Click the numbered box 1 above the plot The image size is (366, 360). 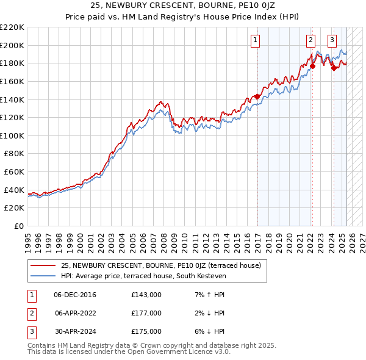(x=254, y=41)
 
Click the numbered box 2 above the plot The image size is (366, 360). (x=311, y=41)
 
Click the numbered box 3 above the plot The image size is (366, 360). (x=332, y=41)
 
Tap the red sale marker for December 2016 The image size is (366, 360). (x=257, y=96)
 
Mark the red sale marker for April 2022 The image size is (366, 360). (x=312, y=65)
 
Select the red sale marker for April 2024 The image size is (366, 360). (x=334, y=68)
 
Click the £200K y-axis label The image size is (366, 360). (x=12, y=45)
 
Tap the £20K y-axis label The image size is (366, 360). (x=14, y=208)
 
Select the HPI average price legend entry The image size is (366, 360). (x=143, y=276)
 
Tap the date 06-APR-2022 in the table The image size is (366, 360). (x=75, y=313)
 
